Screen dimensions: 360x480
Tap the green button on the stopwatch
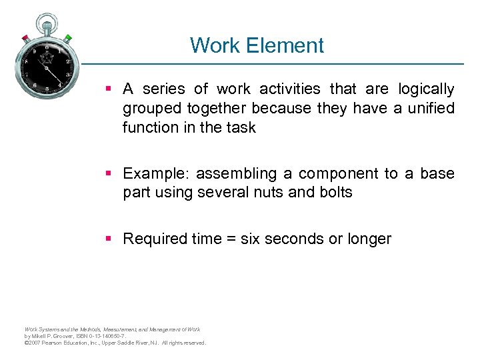(68, 38)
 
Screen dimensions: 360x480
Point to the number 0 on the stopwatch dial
(47, 48)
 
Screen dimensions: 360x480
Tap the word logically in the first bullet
(426, 89)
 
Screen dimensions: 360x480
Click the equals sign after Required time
(226, 239)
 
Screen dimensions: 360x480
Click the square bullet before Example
(110, 174)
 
